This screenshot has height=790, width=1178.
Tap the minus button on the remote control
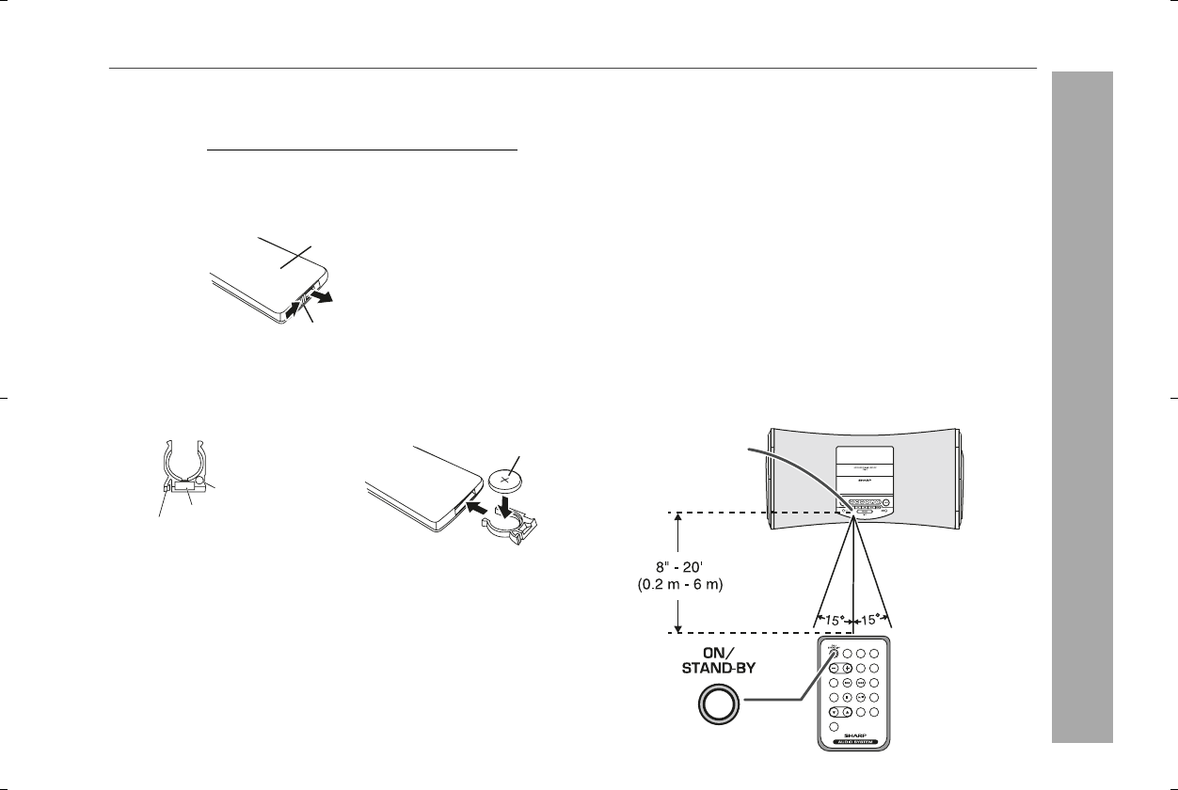pos(834,668)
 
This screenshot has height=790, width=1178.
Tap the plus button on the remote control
pos(848,668)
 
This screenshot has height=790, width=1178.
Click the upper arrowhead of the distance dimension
pos(677,519)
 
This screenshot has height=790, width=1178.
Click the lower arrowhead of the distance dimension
pos(677,625)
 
